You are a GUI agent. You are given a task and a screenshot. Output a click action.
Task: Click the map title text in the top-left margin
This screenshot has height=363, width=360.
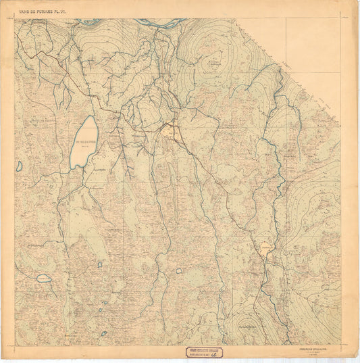[47, 9]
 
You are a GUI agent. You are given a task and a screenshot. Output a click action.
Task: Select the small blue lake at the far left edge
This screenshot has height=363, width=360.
[20, 165]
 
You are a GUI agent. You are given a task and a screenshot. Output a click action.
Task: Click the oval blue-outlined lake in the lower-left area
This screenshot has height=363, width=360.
[44, 278]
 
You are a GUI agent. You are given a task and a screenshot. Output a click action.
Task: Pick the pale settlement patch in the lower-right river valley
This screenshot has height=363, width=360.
[265, 249]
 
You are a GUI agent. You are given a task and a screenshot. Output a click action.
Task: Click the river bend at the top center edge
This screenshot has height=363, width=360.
[160, 23]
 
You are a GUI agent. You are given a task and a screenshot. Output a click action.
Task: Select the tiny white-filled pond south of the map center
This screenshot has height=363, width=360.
[179, 270]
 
